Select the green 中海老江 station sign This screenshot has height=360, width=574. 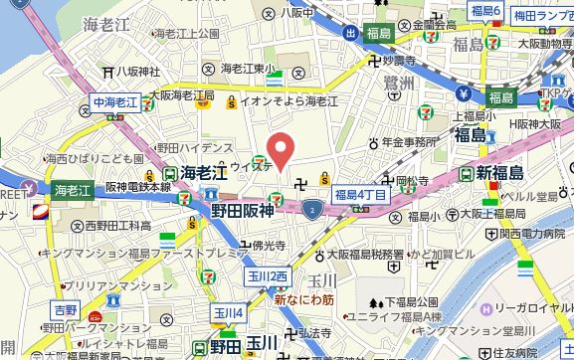click(x=112, y=101)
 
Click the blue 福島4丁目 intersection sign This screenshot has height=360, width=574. click(x=359, y=194)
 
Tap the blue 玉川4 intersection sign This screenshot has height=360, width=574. click(x=228, y=313)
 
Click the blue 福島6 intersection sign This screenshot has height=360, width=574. click(x=485, y=11)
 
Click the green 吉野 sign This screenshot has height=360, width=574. click(x=65, y=309)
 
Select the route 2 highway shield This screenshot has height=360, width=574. click(x=313, y=210)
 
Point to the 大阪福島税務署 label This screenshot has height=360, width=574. click(x=362, y=254)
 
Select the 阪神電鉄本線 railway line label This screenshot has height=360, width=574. click(x=138, y=187)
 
